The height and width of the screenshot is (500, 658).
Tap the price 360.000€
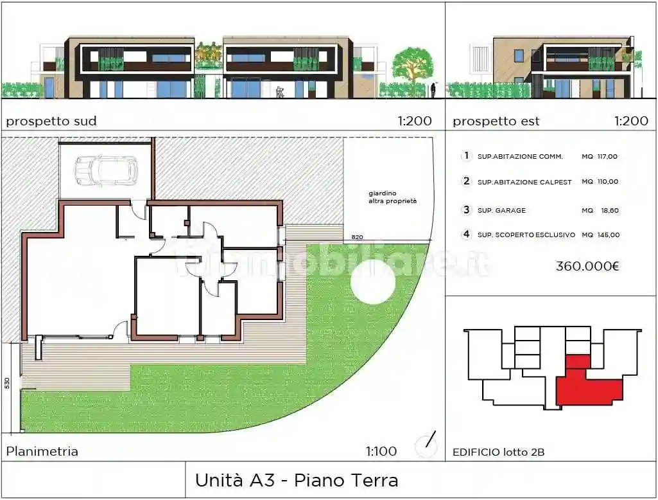pos(587,266)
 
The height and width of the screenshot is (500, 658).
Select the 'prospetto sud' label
pos(51,121)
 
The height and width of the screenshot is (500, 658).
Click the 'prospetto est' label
pos(496,121)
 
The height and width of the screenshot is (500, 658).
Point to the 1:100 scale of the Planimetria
pos(381,451)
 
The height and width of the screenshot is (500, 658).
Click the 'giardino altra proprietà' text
pos(392,197)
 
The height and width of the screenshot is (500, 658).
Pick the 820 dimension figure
pos(358,237)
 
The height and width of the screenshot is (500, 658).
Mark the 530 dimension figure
pos(7,384)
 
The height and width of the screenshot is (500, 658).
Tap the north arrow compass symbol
pos(426,443)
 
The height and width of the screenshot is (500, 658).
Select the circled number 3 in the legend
pos(467,210)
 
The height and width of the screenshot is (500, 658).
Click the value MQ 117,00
pos(600,156)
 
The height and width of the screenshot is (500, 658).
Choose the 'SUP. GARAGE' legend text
pos(501,210)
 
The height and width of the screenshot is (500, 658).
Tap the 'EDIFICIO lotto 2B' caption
pos(498,452)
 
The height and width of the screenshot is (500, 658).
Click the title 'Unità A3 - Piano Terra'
pos(296,480)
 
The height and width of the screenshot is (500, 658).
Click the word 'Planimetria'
pos(42,451)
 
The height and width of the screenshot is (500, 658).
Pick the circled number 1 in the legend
pos(467,156)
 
